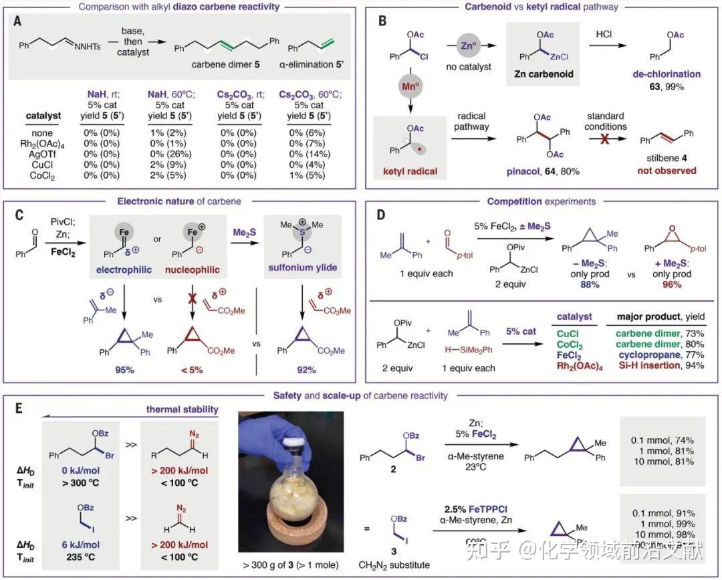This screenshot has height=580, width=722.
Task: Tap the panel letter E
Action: pos(21,407)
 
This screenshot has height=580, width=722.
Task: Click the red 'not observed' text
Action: pos(669,171)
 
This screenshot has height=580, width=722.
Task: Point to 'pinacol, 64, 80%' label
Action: pos(535,172)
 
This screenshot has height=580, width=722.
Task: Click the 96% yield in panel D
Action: pos(671,284)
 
